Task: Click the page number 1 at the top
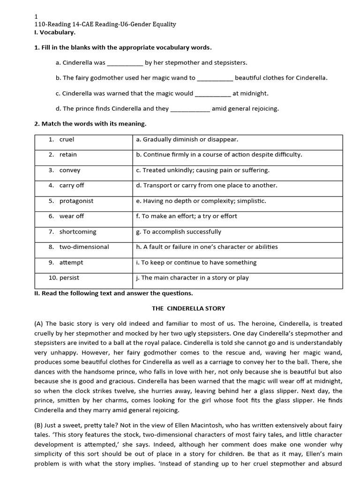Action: (36, 16)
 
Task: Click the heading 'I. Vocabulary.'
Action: (55, 32)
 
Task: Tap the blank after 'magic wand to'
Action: (215, 78)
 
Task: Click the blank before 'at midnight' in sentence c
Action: (212, 94)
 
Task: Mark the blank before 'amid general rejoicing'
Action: (190, 109)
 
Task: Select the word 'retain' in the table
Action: (68, 155)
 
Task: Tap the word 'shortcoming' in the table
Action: (77, 232)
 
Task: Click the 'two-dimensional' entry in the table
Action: (84, 247)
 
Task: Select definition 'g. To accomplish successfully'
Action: (179, 232)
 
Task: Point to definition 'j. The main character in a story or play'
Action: (192, 278)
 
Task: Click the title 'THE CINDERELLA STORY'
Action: (188, 308)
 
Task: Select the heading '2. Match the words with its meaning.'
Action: (90, 124)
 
